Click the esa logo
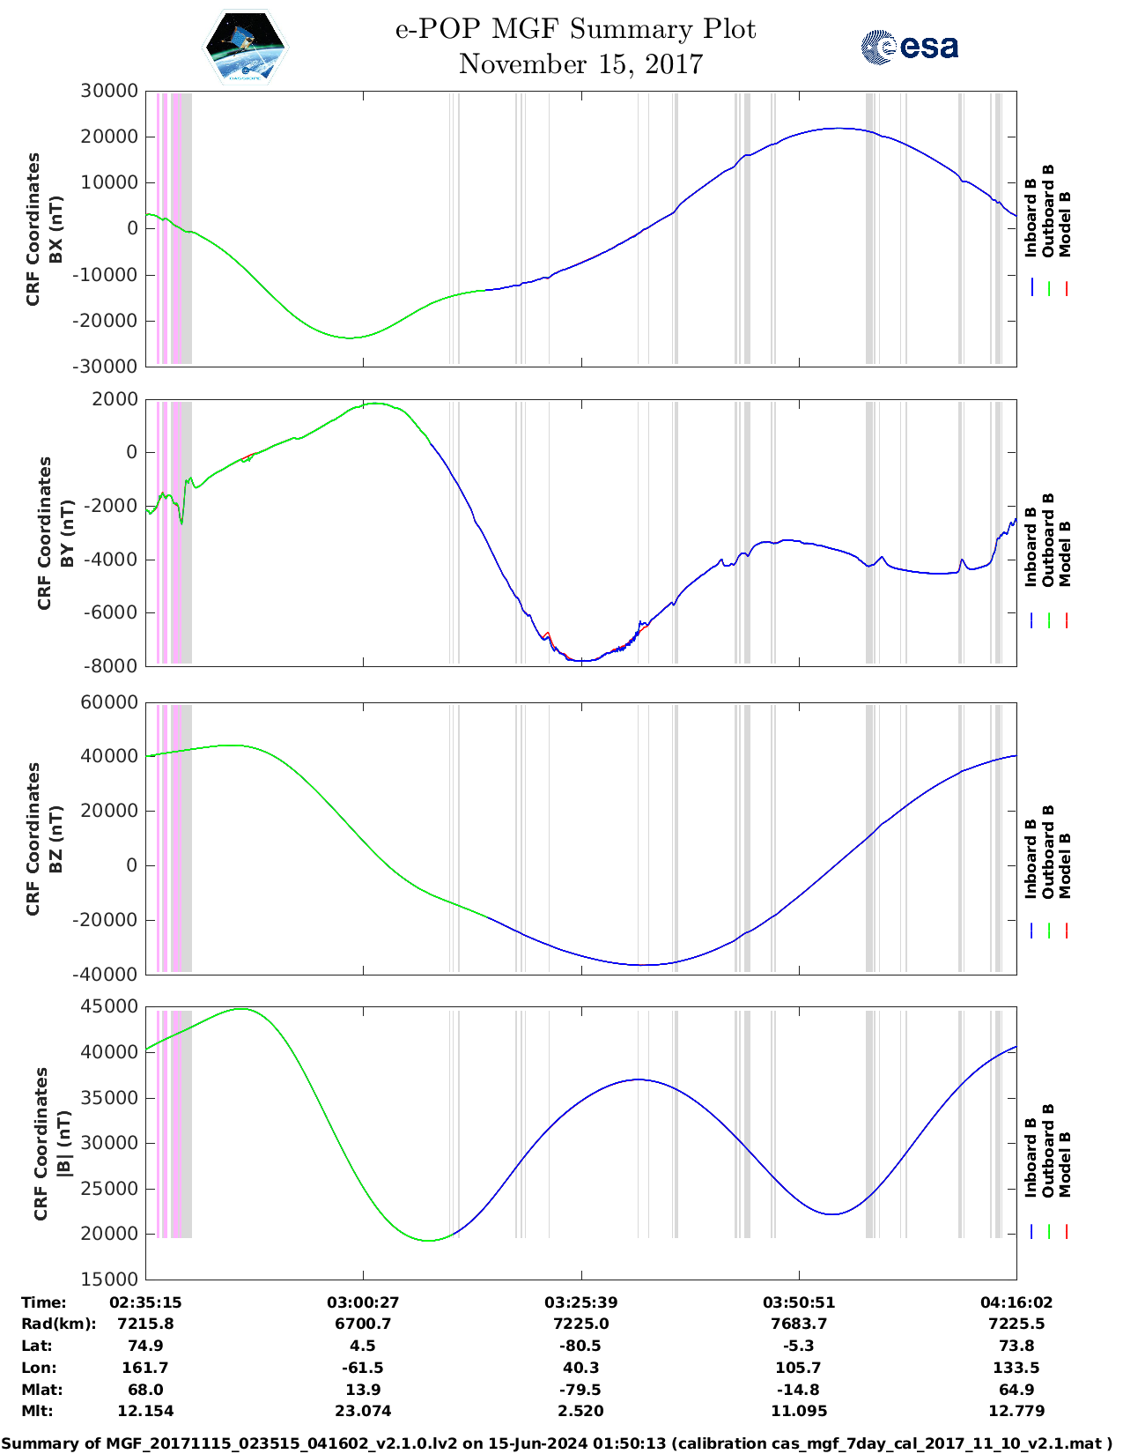pos(909,47)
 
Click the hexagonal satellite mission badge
pos(246,48)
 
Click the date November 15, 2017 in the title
pos(580,64)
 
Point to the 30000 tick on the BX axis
pos(109,91)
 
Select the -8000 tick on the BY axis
pos(111,666)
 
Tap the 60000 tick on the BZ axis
pos(109,702)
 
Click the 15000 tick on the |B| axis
pos(109,1280)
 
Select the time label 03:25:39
pos(580,1302)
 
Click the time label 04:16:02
pos(1016,1302)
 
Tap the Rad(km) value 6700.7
pos(363,1324)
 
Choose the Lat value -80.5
pos(580,1346)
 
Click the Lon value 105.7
pos(798,1368)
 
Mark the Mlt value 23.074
pos(363,1411)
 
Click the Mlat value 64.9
pos(1016,1390)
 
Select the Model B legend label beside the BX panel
pos(1065,224)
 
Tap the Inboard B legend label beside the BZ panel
pos(1031,859)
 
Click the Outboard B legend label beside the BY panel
pos(1048,539)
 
